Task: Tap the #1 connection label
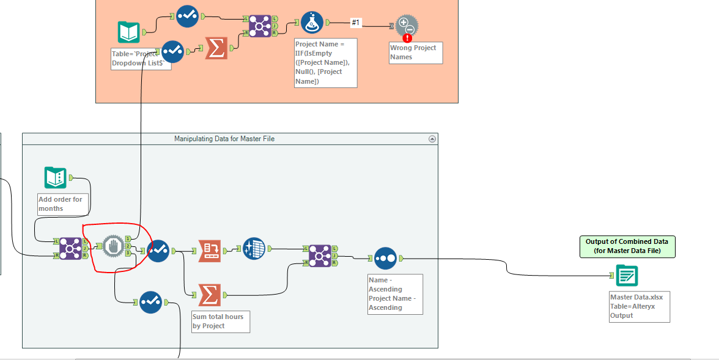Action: click(356, 23)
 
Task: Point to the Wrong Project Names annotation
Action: click(415, 53)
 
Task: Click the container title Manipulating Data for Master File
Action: click(224, 139)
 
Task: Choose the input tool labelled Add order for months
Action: click(56, 178)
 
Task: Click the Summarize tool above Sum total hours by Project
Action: click(209, 295)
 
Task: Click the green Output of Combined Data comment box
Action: click(627, 246)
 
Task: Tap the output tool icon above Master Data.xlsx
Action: click(627, 276)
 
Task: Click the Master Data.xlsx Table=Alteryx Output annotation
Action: click(640, 306)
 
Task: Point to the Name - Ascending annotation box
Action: click(394, 294)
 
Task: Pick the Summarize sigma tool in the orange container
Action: click(215, 48)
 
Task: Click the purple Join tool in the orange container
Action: click(260, 26)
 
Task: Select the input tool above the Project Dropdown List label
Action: click(129, 32)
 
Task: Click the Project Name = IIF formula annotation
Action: click(325, 63)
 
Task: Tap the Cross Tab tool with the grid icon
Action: click(254, 249)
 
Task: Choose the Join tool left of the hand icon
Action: click(70, 248)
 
